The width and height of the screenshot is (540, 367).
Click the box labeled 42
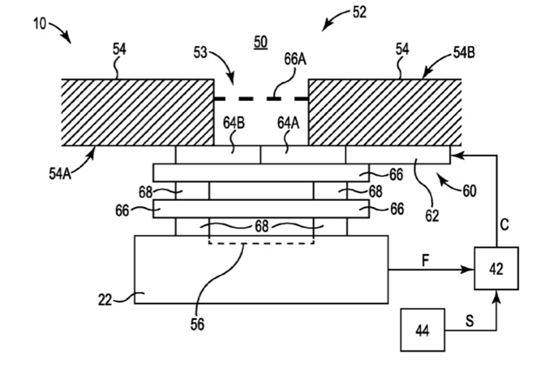496,269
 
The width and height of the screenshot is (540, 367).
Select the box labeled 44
422,330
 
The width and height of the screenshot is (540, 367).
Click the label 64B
233,123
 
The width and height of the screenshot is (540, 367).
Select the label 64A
289,123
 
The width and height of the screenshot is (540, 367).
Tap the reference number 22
106,300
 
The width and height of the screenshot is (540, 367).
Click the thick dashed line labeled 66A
260,97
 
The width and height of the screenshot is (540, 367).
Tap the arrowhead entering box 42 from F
469,269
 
